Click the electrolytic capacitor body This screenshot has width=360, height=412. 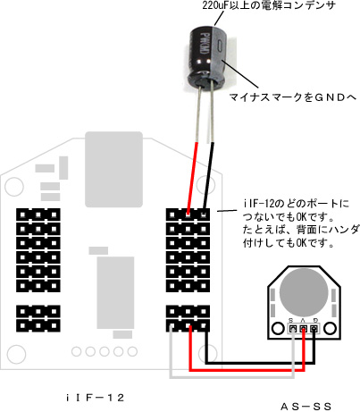click(x=206, y=55)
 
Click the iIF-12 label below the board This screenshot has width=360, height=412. click(x=95, y=398)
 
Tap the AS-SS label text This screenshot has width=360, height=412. click(x=306, y=407)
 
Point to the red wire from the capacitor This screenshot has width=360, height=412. click(x=192, y=177)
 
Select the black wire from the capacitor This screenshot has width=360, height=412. click(x=208, y=176)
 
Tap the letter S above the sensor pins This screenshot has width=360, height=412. click(x=291, y=320)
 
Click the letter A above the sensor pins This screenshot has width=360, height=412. click(x=303, y=320)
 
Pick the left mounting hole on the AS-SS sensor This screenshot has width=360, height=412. click(x=278, y=329)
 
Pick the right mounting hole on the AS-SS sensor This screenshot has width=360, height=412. click(x=330, y=329)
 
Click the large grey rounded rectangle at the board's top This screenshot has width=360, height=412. click(x=113, y=169)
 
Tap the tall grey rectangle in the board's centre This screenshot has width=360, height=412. click(x=115, y=293)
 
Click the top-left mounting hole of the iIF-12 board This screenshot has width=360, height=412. click(x=14, y=187)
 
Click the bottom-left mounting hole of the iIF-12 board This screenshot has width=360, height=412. click(x=16, y=354)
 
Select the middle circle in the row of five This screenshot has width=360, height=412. click(x=105, y=351)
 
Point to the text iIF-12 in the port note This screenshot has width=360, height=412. click(x=257, y=204)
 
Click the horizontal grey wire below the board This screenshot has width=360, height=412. click(x=232, y=376)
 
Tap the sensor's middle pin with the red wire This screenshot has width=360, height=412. click(x=303, y=329)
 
